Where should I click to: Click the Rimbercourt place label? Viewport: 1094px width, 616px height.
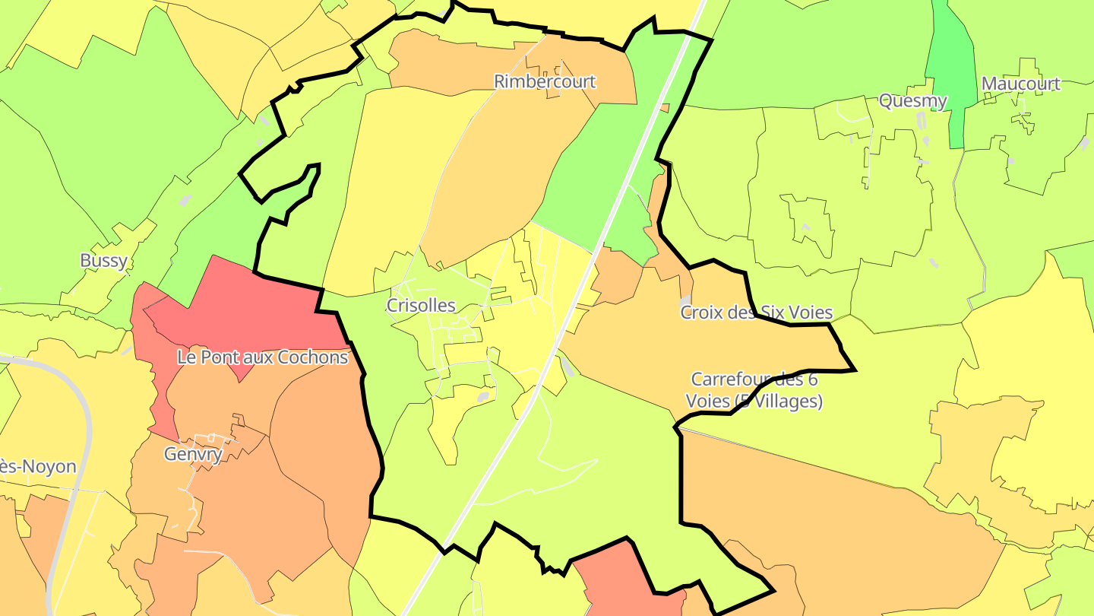click(x=545, y=81)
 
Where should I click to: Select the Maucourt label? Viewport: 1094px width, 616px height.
click(x=1020, y=84)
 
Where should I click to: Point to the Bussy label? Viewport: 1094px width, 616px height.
click(x=103, y=261)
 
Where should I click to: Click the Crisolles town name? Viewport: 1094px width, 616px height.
click(x=421, y=306)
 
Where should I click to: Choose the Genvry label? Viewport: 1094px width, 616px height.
click(x=193, y=455)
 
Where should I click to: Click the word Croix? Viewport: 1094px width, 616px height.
click(x=700, y=313)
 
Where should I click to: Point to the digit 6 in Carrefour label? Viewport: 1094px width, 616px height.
click(x=811, y=379)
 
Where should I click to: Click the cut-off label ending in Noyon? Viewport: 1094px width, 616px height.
click(x=38, y=466)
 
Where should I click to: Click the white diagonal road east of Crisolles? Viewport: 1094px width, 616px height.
click(x=577, y=304)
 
